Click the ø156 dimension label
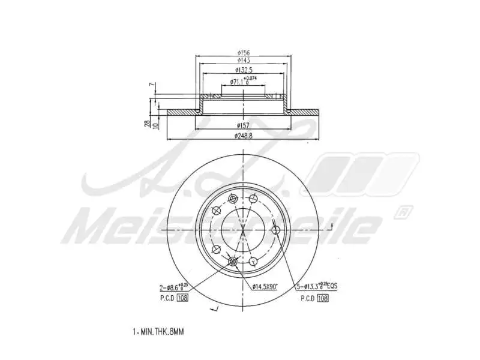[x=244, y=52]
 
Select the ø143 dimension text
[x=244, y=61]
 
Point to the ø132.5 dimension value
[x=243, y=70]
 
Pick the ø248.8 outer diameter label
[x=244, y=136]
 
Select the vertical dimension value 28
[x=147, y=123]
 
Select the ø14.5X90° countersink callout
[x=265, y=287]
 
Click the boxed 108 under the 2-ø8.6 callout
[x=182, y=298]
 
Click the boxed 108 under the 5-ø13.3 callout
[x=322, y=298]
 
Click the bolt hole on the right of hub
[x=275, y=231]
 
